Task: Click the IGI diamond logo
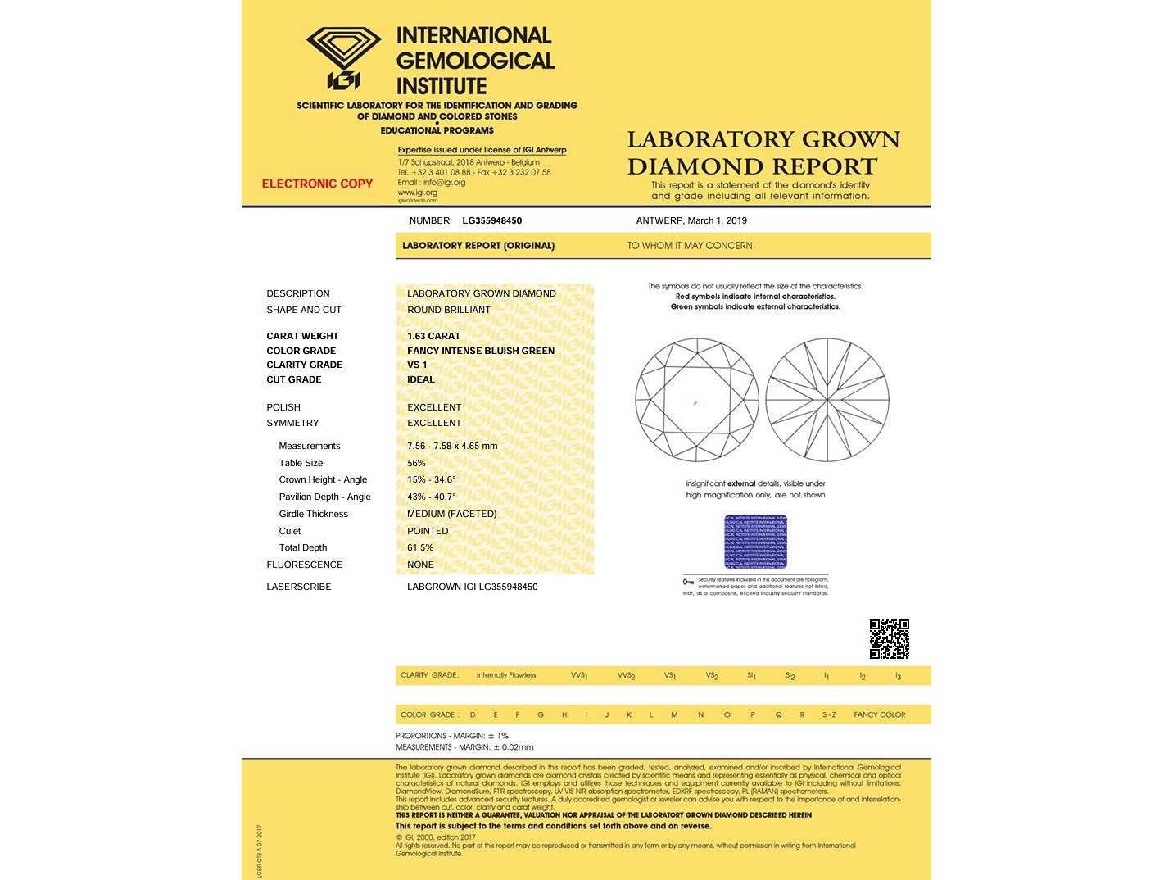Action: tap(343, 57)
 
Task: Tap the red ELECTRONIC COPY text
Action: tap(317, 184)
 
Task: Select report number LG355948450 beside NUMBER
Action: tap(491, 220)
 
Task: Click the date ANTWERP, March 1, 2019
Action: tap(691, 220)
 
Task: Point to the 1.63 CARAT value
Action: tap(433, 336)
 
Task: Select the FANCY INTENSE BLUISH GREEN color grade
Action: tap(481, 351)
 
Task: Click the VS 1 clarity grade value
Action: tap(417, 365)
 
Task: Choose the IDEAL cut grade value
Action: tap(421, 379)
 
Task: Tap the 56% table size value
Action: tap(416, 463)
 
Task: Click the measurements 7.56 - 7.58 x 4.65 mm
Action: tap(452, 446)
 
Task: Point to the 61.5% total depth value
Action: tap(420, 547)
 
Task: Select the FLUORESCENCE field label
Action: tap(304, 565)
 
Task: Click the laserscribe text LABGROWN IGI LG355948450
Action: tap(472, 587)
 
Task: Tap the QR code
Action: tap(889, 639)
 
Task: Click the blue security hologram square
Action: tap(755, 542)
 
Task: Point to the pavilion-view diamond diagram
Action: tap(827, 400)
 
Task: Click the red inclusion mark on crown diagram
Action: tap(695, 402)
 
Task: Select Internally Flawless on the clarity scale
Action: tap(506, 675)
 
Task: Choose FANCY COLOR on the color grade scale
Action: tap(879, 714)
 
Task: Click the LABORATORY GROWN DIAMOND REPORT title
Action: tap(763, 152)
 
